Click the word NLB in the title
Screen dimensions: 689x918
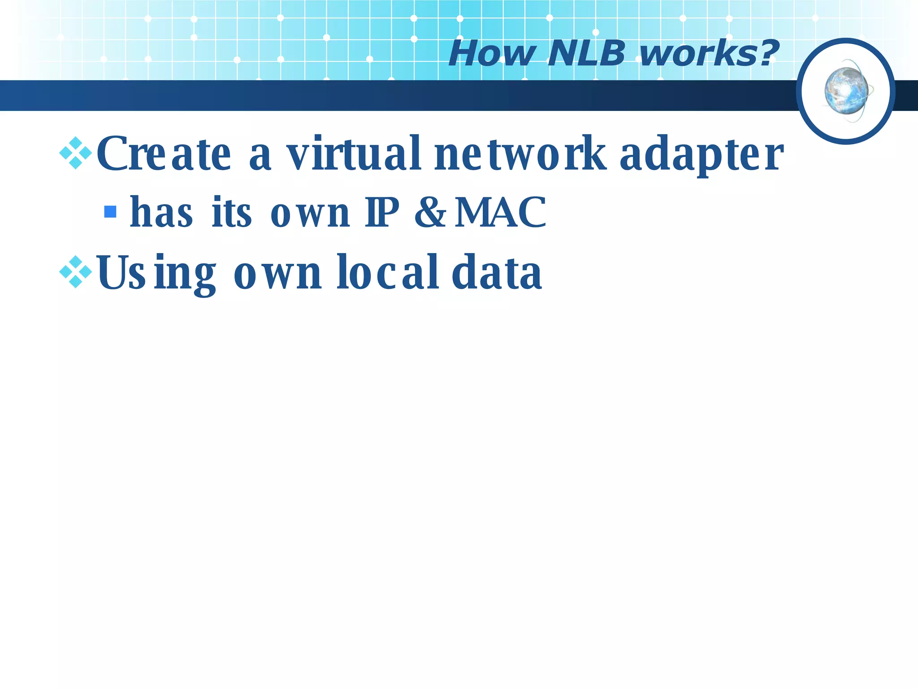tap(586, 54)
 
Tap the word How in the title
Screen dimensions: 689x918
tap(492, 54)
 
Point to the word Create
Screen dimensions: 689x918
tap(164, 154)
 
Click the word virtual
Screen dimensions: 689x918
tap(354, 154)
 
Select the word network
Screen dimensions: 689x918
tap(520, 154)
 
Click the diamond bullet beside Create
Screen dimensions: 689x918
tap(76, 153)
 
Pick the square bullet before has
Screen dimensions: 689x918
tap(110, 212)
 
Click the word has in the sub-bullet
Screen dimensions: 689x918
tap(161, 212)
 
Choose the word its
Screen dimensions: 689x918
tap(231, 212)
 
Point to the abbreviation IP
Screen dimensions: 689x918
tap(381, 212)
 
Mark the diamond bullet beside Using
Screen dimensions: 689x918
tap(76, 272)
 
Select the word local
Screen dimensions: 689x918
tap(388, 272)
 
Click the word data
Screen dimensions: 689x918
tap(497, 272)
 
